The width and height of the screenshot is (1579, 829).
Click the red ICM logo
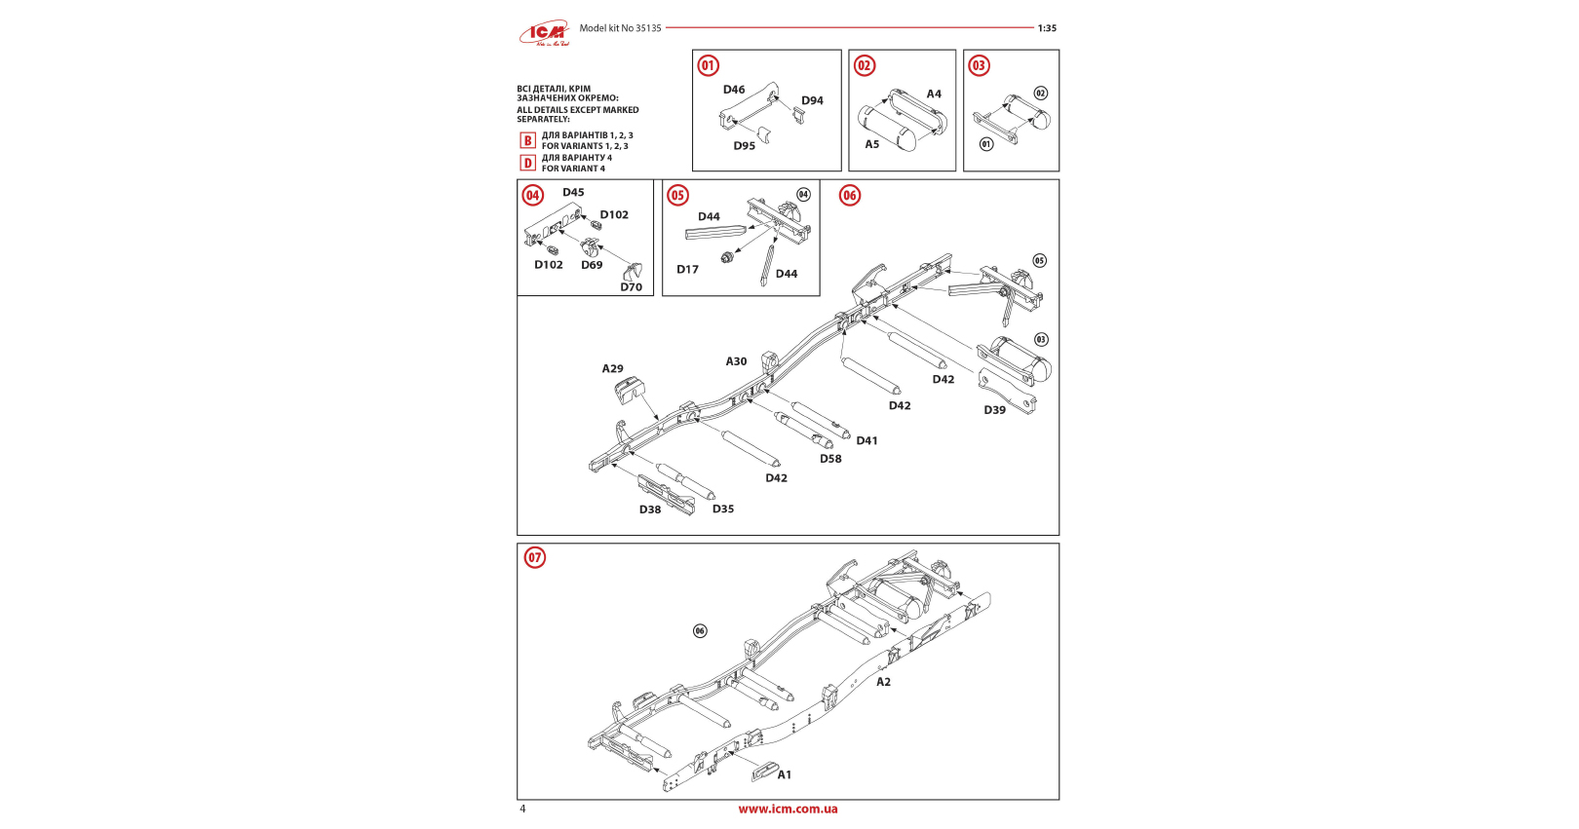[x=544, y=34]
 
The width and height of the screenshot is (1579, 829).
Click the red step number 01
[x=709, y=66]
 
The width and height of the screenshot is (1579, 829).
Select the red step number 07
[x=535, y=558]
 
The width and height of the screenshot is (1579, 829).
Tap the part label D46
[x=734, y=90]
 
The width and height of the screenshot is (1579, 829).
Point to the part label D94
[x=812, y=100]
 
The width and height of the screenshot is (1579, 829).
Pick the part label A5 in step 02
[x=872, y=144]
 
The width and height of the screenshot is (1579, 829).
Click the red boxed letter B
[x=527, y=140]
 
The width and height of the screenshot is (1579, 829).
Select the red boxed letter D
[x=527, y=163]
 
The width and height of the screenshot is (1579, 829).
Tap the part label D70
[x=632, y=287]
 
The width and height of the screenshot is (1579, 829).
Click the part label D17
[x=688, y=270]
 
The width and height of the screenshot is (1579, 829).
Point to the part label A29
[x=612, y=368]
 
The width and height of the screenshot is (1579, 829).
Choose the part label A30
[x=736, y=361]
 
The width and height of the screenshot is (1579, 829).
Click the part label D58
[x=830, y=459]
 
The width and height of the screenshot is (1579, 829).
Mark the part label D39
[x=994, y=410]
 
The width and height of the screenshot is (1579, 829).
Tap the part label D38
[x=650, y=509]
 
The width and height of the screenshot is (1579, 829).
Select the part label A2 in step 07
[x=883, y=682]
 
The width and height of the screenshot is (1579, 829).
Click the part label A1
[x=785, y=775]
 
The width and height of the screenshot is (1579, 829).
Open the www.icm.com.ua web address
[x=788, y=809]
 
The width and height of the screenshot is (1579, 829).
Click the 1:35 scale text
[x=1047, y=28]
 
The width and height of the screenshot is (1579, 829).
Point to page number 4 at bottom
[x=522, y=809]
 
